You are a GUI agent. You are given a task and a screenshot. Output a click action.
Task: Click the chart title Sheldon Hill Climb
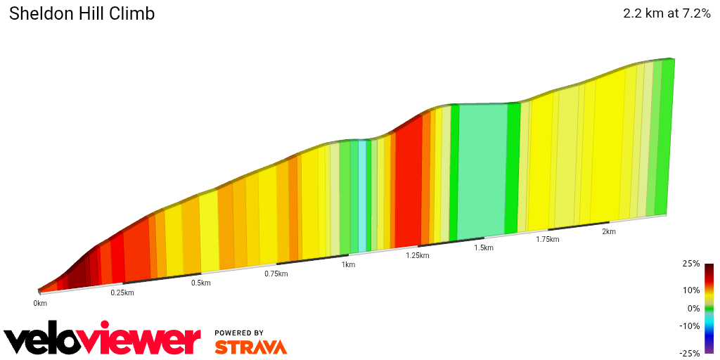point(82,13)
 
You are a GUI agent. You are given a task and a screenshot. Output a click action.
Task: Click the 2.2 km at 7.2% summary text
point(667,13)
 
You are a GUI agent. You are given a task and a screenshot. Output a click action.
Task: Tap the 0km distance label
point(40,303)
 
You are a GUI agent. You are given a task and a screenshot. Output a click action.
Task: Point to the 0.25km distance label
point(122,292)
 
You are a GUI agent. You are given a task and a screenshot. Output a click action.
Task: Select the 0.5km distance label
point(201,283)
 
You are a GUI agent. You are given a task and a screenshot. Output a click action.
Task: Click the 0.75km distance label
point(276,274)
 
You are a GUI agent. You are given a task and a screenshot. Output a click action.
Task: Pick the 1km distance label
point(348,264)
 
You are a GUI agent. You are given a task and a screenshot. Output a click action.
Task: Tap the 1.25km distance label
point(417,255)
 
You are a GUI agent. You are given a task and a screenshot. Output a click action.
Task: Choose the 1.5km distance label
point(484,247)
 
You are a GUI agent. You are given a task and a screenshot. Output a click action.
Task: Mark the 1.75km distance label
point(548,239)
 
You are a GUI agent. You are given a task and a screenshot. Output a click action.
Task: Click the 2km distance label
point(609,231)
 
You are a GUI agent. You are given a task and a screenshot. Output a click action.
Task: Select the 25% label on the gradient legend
point(692,264)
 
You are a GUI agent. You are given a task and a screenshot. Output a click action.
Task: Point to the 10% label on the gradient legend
point(692,290)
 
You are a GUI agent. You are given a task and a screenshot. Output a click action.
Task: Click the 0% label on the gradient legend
point(694,308)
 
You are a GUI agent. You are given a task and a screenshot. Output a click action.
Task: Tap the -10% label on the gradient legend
point(690,326)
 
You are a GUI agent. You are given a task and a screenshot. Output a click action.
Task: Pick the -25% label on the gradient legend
point(690,353)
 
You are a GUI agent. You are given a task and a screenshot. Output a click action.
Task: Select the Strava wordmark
point(250,347)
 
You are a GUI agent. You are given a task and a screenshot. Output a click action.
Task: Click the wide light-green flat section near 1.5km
point(482,169)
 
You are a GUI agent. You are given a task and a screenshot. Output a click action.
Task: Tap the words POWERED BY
point(239,333)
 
